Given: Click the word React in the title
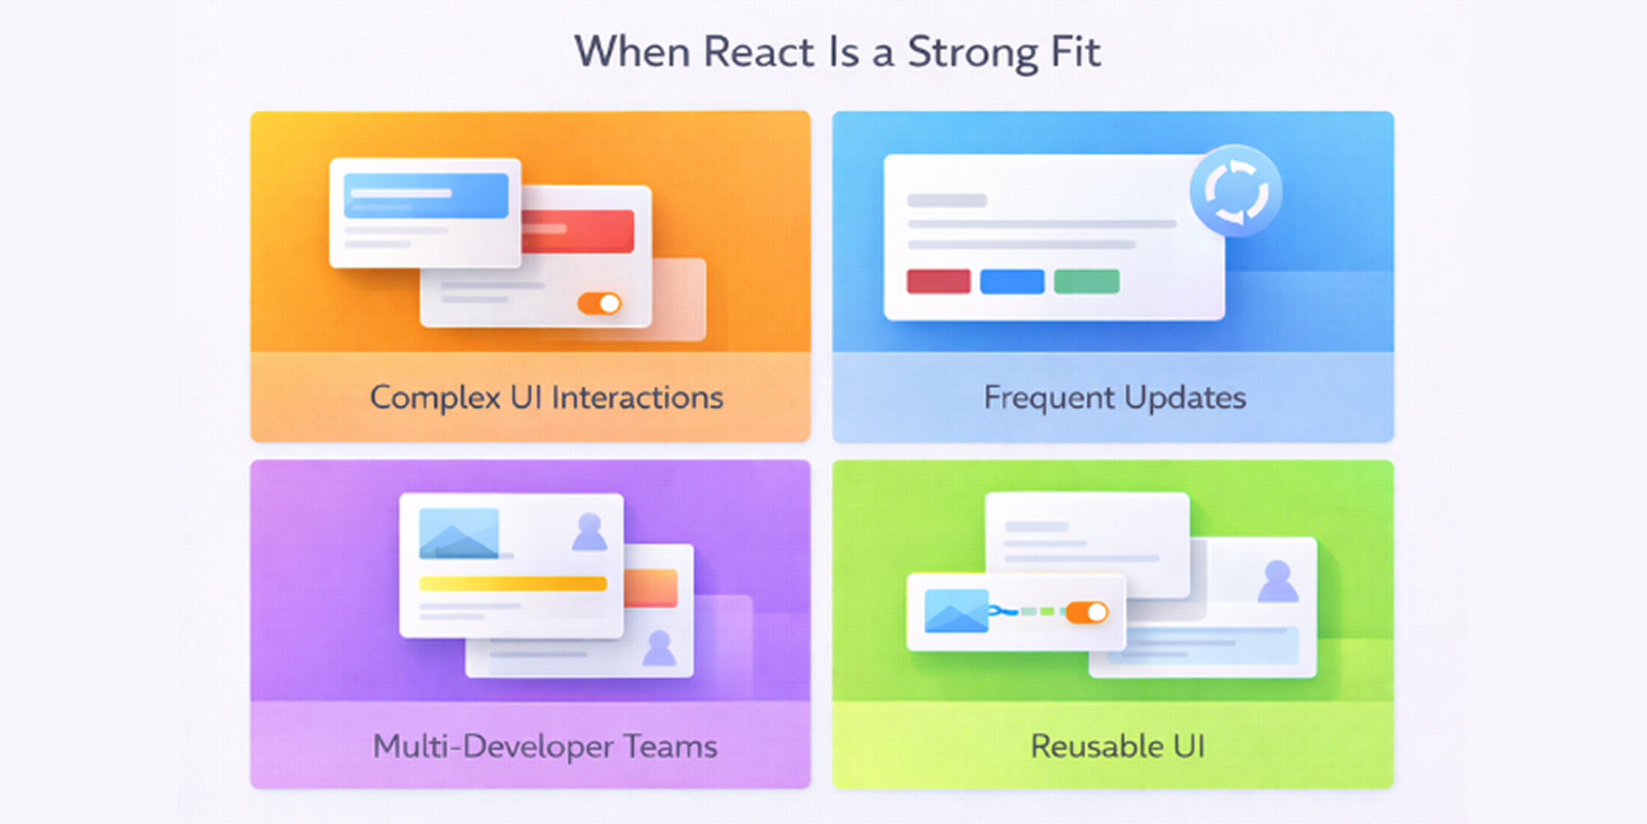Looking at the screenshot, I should click(758, 52).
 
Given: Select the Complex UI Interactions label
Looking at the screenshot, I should click(547, 397).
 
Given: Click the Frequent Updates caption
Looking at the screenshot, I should click(1114, 397).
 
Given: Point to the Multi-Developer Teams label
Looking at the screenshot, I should click(545, 746).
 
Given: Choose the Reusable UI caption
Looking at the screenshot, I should click(1117, 746).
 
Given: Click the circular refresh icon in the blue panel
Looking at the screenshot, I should click(1235, 192).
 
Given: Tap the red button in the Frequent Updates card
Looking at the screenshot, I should click(938, 282).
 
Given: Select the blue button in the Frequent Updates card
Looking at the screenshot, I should click(1011, 282).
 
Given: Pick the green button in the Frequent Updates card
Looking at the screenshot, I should click(1086, 282).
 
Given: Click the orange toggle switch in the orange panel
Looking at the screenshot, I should click(599, 303).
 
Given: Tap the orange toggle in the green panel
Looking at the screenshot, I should click(1086, 613).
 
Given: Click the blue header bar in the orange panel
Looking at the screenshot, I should click(425, 196).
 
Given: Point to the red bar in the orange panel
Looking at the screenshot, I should click(578, 231).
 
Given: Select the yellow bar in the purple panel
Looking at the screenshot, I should click(512, 584).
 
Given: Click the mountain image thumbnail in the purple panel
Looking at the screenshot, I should click(458, 533).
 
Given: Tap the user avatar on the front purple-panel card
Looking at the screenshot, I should click(589, 532).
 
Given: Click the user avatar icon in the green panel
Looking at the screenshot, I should click(1277, 581).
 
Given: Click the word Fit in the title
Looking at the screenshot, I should click(1075, 52).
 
